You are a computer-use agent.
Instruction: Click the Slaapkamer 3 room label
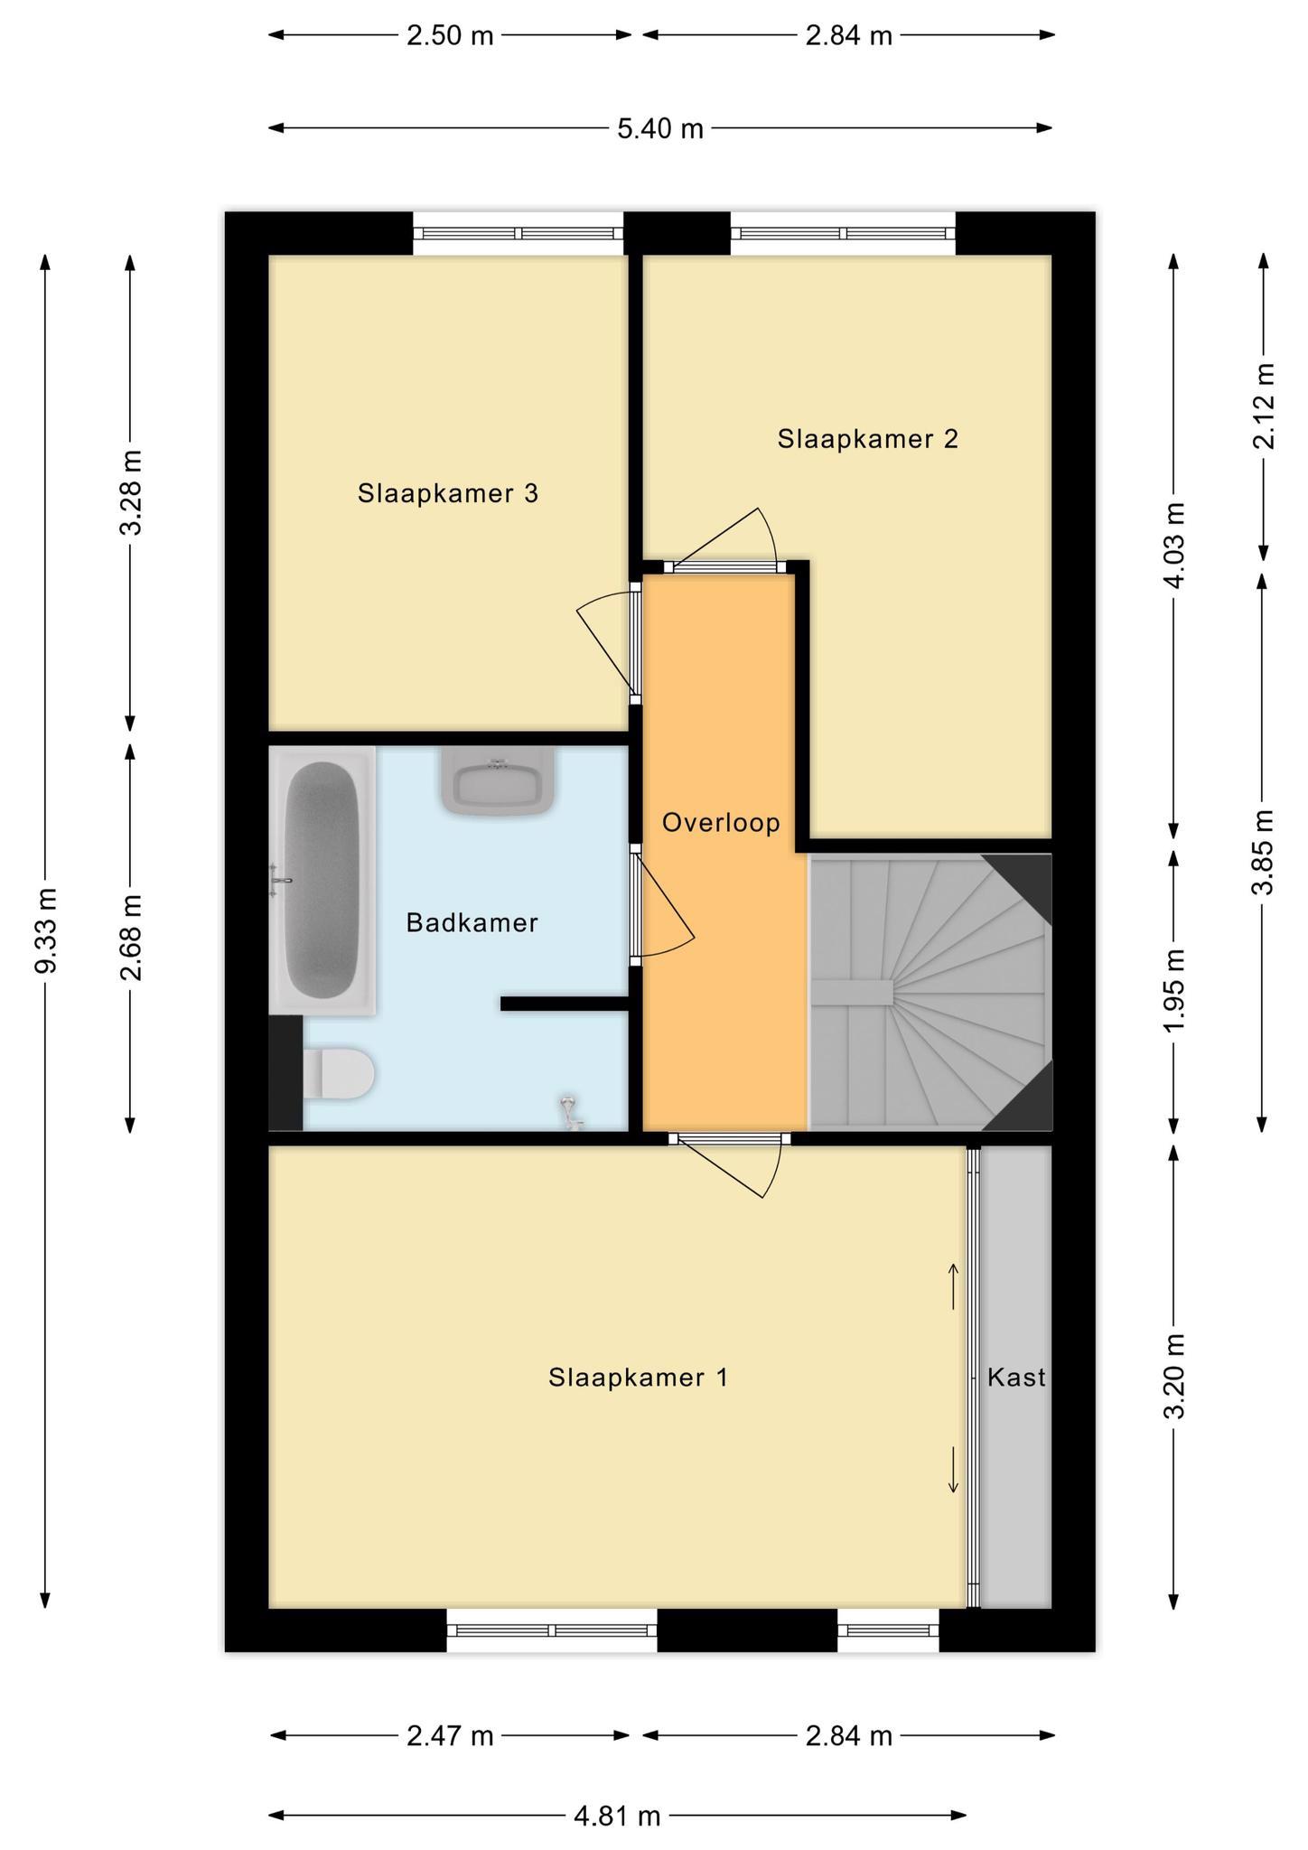[448, 494]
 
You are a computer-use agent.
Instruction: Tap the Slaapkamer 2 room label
[867, 439]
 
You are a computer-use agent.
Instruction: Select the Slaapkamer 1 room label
[638, 1378]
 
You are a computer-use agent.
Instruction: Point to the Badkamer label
[472, 922]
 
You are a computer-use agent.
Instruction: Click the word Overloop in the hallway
[721, 823]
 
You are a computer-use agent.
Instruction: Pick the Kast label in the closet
[1016, 1378]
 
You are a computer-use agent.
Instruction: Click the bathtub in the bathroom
[322, 881]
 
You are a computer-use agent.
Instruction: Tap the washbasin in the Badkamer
[498, 781]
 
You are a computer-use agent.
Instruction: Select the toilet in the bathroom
[337, 1073]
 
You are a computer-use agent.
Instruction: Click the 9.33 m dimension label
[47, 931]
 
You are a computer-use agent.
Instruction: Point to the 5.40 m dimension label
[660, 129]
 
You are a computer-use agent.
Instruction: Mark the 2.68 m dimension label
[131, 937]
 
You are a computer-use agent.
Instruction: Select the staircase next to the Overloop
[930, 992]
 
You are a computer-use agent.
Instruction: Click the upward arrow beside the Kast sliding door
[953, 1286]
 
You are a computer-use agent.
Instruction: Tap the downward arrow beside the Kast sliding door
[953, 1470]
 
